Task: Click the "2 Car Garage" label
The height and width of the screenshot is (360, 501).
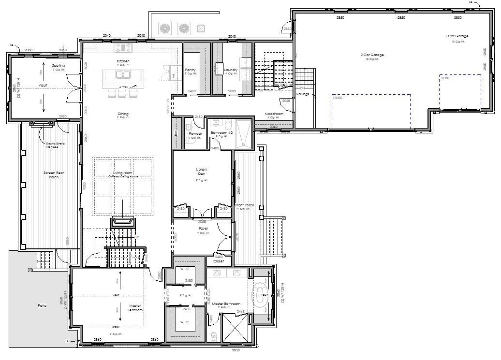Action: [x=372, y=55]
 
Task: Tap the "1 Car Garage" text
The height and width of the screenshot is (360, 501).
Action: [x=457, y=36]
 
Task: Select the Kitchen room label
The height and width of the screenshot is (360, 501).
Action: [x=123, y=61]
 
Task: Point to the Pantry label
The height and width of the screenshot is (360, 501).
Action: [x=191, y=70]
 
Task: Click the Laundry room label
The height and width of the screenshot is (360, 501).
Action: [x=231, y=70]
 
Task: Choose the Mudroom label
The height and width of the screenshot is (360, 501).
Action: [x=274, y=114]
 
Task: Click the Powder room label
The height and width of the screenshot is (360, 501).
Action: [x=195, y=134]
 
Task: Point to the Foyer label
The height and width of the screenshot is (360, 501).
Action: [x=203, y=229]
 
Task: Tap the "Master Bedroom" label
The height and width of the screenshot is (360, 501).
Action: [x=135, y=308]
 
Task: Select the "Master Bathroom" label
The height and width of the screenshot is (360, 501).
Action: [x=226, y=304]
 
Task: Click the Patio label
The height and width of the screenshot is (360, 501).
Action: [x=43, y=305]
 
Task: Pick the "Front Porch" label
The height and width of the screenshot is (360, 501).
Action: [x=245, y=205]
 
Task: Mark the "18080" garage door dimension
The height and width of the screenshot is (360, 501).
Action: [x=337, y=98]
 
